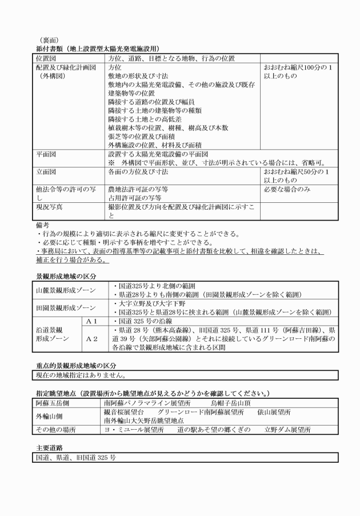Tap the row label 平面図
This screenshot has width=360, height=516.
tap(43, 154)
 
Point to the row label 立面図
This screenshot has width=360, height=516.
tap(43, 171)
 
